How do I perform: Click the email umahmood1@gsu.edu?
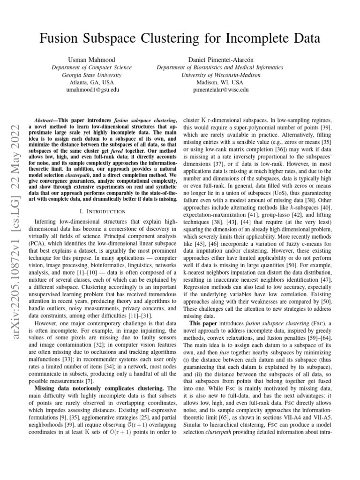pyautogui.click(x=91, y=89)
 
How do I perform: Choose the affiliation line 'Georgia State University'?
pyautogui.click(x=91, y=75)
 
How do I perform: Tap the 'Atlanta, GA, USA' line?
pyautogui.click(x=91, y=82)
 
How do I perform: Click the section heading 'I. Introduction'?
pyautogui.click(x=103, y=212)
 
